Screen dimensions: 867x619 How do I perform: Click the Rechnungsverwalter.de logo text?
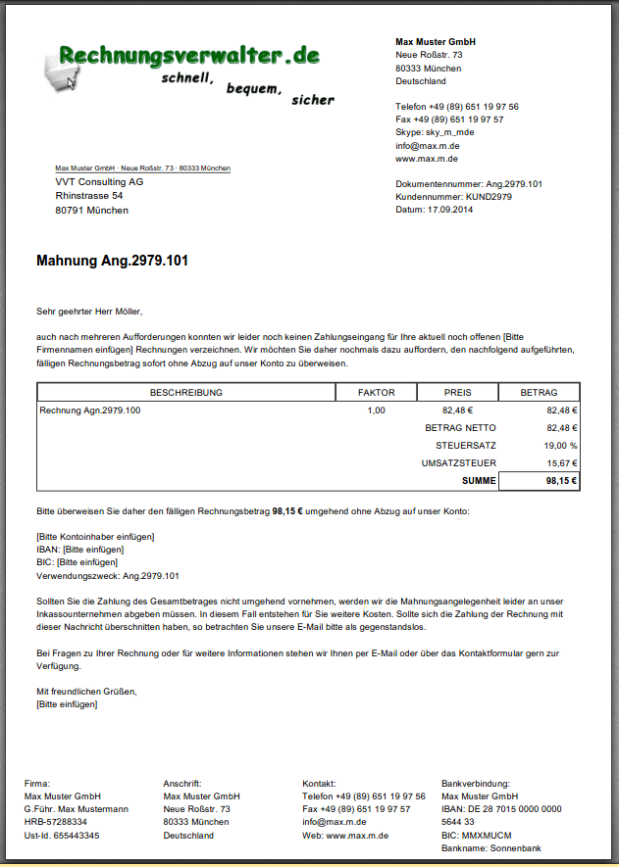point(189,55)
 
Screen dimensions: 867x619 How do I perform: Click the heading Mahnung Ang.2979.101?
point(112,262)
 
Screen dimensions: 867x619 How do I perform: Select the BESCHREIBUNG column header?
point(185,393)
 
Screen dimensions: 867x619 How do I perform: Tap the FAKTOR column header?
point(376,393)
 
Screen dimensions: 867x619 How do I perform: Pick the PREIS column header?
point(457,393)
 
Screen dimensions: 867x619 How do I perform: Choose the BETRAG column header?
point(539,393)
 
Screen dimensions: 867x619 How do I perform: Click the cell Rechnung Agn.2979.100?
point(90,410)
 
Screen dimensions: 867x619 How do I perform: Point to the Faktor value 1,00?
point(376,410)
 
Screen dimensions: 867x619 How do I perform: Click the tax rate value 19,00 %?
point(560,446)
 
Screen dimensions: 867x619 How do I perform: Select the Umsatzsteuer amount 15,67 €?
point(562,463)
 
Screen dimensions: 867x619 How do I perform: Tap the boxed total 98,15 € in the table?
point(562,481)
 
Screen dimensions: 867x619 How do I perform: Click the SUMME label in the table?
point(479,481)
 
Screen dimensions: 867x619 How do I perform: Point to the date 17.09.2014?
point(449,210)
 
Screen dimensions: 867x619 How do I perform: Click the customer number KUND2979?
point(489,197)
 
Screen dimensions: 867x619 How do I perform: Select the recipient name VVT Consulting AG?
point(99,182)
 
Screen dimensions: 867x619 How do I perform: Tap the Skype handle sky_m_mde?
point(449,132)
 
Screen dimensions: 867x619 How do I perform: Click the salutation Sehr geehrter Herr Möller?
point(89,312)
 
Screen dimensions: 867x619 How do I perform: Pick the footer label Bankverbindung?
point(476,784)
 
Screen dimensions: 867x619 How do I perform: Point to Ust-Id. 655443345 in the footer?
point(62,836)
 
